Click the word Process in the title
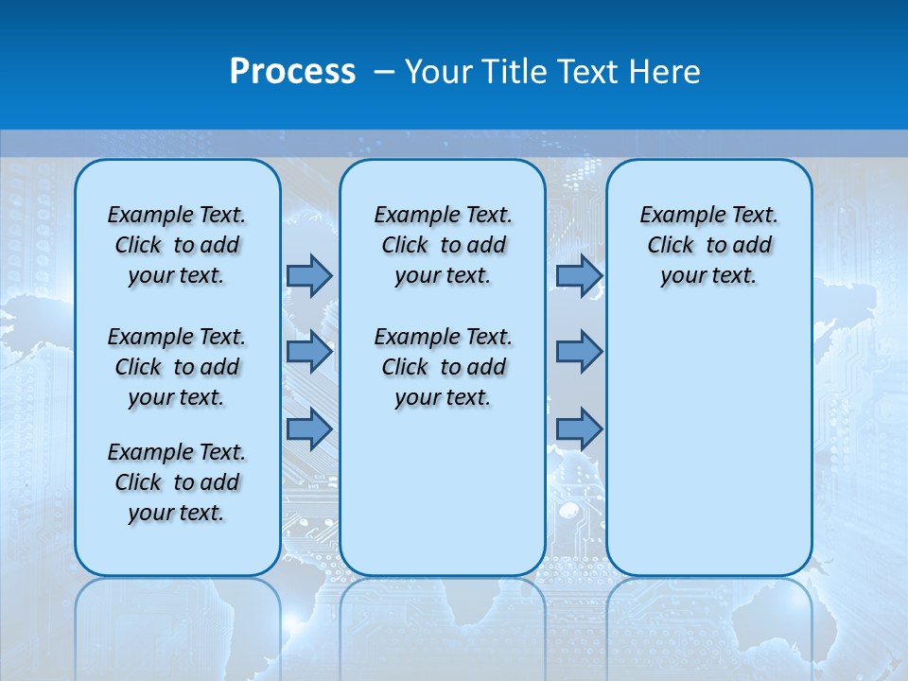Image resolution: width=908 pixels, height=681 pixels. coord(292,71)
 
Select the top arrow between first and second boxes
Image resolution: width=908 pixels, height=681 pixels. coord(309,275)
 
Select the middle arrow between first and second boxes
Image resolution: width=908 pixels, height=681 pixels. coord(309,353)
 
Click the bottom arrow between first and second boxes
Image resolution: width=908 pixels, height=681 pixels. coord(309,429)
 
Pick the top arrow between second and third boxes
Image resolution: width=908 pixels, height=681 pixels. coord(579,275)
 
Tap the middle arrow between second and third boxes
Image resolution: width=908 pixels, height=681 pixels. coord(579,353)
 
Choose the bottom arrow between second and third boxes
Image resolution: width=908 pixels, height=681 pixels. coord(579,429)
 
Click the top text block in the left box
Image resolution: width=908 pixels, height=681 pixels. coord(177,245)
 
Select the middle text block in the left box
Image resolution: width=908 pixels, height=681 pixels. coord(177,367)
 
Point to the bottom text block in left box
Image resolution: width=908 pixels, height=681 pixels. coord(177,482)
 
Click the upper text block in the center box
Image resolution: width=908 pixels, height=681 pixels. coord(443,245)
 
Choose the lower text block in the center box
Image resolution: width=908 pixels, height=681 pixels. coord(443,367)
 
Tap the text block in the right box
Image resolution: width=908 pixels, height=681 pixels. coord(708,245)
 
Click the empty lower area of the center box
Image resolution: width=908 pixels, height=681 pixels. coord(443,492)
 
